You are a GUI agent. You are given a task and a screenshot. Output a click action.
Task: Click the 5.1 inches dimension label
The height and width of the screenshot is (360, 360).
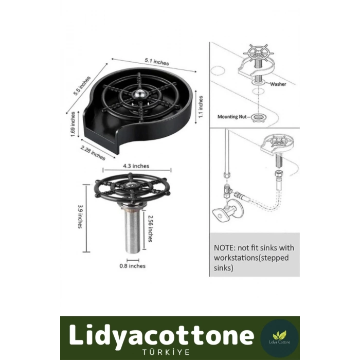(157, 62)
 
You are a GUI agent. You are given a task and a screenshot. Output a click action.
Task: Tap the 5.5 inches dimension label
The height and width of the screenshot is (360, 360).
(82, 85)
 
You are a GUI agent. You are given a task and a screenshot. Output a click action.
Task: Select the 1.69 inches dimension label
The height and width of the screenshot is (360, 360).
(73, 124)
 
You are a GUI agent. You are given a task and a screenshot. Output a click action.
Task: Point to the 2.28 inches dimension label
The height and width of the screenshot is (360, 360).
(93, 153)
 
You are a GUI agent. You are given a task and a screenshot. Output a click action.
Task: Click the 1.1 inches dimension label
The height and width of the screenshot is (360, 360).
(201, 107)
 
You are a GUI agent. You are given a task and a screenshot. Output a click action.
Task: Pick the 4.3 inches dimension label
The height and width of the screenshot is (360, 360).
(136, 166)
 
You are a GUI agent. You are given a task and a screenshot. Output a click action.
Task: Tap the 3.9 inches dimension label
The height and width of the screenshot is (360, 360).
(80, 217)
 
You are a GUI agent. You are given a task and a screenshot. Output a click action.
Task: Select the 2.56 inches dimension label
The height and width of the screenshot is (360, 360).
(150, 228)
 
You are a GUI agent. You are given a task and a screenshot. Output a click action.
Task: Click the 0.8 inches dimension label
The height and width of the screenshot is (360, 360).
(133, 266)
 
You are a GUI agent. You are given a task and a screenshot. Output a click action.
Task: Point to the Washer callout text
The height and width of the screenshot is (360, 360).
(278, 84)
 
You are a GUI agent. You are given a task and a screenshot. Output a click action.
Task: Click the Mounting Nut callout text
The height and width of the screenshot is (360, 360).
(232, 117)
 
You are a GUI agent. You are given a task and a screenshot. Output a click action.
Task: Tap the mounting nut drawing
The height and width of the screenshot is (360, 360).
(259, 118)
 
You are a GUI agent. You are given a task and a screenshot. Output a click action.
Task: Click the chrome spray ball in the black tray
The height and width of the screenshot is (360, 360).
(140, 93)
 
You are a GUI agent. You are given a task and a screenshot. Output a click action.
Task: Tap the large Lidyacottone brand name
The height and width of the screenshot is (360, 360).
(161, 335)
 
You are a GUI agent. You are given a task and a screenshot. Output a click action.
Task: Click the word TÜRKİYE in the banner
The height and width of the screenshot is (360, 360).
(166, 352)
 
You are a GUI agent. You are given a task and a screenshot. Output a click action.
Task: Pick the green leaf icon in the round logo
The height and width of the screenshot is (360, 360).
(279, 335)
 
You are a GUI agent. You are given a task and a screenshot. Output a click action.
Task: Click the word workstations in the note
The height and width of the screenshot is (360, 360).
(236, 258)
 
